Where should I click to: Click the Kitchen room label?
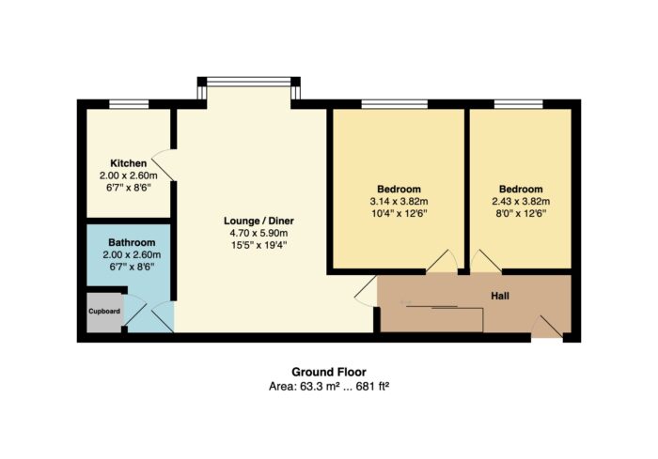point(129,163)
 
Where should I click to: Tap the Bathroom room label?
point(132,242)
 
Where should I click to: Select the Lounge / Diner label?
point(258,221)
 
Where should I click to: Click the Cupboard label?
point(104,311)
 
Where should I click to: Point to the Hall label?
point(500,296)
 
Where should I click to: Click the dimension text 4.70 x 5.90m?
point(258,233)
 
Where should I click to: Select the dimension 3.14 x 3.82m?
point(399,201)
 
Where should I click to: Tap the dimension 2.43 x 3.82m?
point(521,201)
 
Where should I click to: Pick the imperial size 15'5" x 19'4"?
point(258,245)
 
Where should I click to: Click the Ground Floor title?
point(329,372)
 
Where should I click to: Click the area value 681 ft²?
point(372,386)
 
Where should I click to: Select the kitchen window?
point(129,104)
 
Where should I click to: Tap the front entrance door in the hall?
point(547,327)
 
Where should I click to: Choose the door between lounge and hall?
point(366,291)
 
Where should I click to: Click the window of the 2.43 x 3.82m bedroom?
point(518,104)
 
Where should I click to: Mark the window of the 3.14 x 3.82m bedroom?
point(395,104)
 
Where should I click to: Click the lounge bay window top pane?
point(249,82)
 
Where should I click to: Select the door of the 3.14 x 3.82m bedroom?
point(442,262)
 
